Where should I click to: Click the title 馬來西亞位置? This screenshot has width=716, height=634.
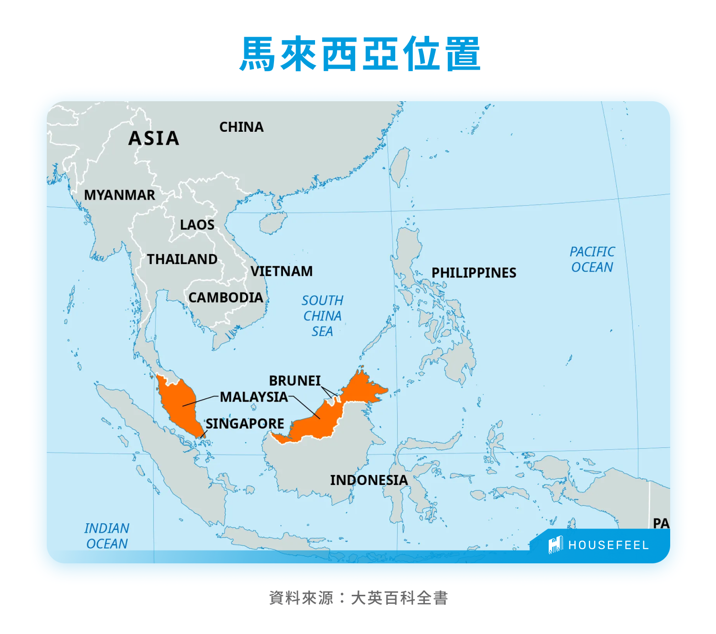point(360,54)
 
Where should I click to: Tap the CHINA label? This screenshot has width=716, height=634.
point(241,127)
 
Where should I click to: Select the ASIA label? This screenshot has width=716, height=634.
point(154,138)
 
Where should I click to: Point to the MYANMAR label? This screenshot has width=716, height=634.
point(119,195)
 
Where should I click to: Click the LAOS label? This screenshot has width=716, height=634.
point(197,225)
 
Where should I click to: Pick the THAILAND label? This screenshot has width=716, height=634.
point(182,259)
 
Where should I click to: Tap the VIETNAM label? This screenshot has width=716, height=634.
point(282,271)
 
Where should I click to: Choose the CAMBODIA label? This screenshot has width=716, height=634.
point(225,297)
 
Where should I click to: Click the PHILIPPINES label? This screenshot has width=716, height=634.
point(474,273)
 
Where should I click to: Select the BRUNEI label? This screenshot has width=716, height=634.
point(295,380)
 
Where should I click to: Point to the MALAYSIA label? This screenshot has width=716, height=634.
point(253,397)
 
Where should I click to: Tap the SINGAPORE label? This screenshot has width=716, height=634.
point(245,423)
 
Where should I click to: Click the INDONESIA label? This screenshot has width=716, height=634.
point(369,480)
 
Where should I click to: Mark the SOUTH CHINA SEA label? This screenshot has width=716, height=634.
point(322,316)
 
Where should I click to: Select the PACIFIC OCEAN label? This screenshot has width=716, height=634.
point(592,259)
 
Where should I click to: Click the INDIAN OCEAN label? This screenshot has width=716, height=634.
point(107,536)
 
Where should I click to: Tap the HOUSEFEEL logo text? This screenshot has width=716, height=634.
point(608,545)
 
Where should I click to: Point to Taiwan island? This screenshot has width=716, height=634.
point(400,166)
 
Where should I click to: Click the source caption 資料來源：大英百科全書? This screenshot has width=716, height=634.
point(358,598)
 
